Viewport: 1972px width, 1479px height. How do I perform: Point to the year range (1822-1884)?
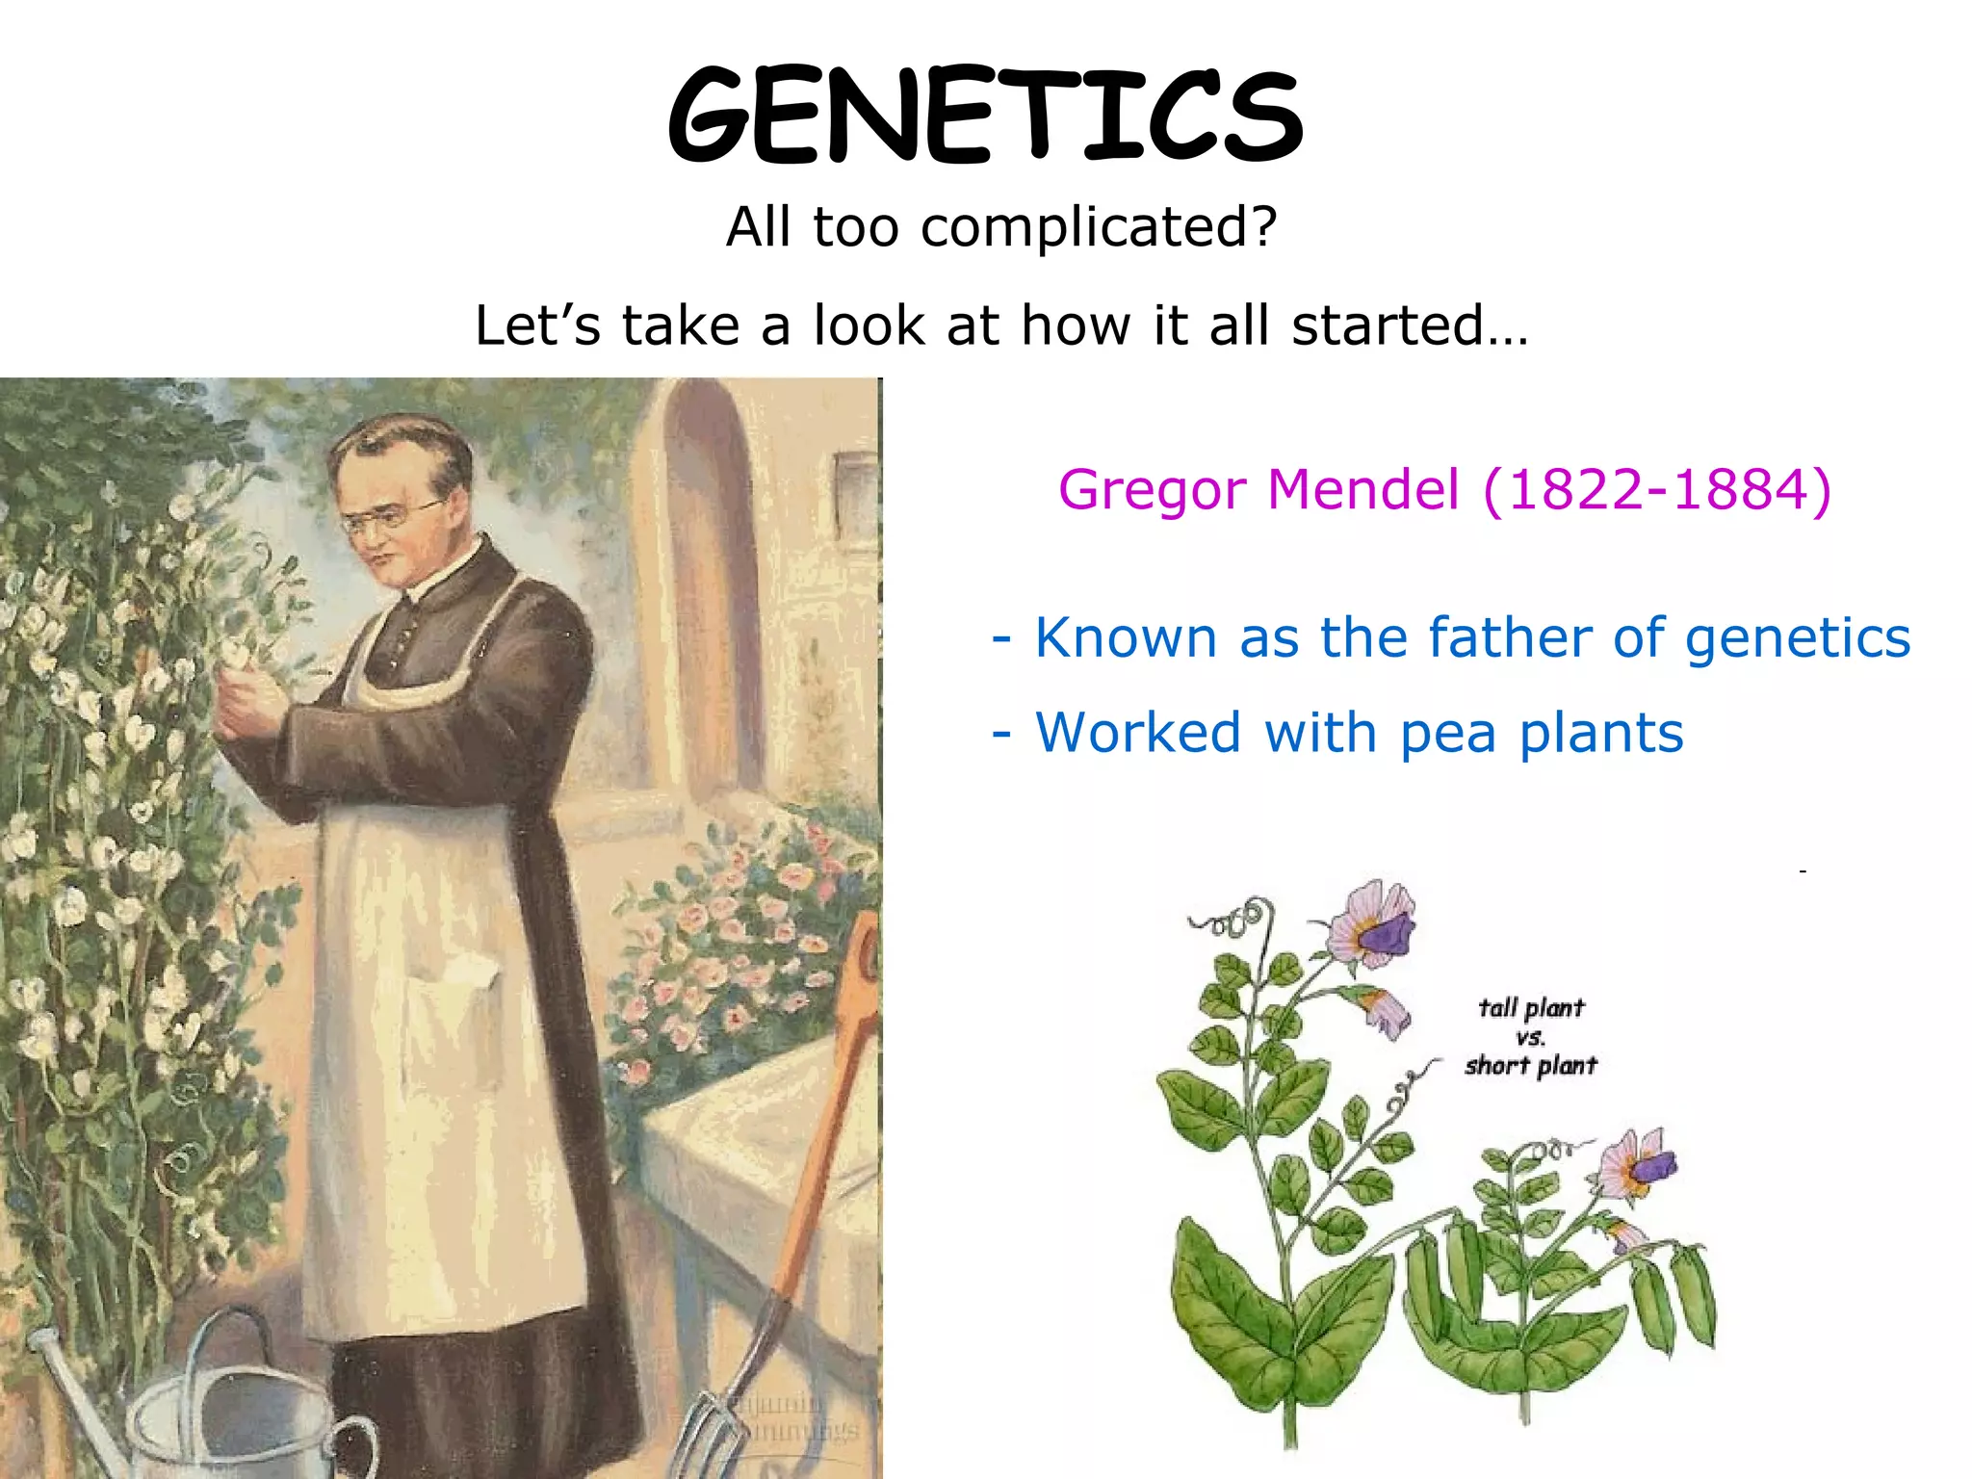(x=1656, y=489)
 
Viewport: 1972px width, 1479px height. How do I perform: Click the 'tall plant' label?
(x=1530, y=1008)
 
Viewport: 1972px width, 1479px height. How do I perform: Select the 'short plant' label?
(x=1530, y=1065)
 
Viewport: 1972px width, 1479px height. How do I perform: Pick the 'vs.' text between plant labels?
(x=1530, y=1037)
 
